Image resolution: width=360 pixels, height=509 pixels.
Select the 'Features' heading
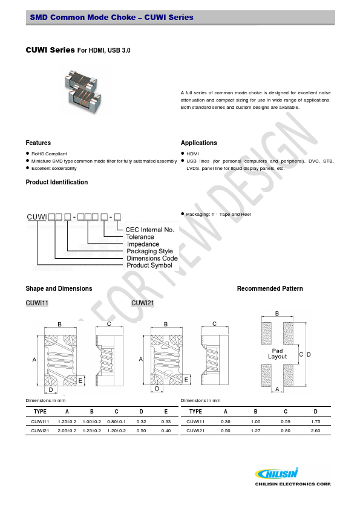(x=38, y=143)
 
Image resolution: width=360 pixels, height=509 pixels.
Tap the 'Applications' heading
(x=198, y=143)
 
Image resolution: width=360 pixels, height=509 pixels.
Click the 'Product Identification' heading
(x=56, y=183)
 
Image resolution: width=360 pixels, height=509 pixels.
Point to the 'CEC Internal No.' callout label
(x=149, y=230)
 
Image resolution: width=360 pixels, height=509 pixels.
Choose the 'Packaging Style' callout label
(x=149, y=251)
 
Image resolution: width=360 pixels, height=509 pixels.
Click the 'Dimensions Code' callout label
(x=152, y=258)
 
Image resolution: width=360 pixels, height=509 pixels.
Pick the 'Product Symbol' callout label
(x=149, y=265)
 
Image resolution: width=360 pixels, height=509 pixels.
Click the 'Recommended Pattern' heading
(x=270, y=289)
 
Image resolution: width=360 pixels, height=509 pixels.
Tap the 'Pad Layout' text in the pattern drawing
(x=278, y=354)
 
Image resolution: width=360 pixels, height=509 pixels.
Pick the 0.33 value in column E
(x=166, y=421)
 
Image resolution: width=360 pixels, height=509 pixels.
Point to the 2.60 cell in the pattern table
(x=315, y=430)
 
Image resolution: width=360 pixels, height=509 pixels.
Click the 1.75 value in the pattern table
(x=315, y=421)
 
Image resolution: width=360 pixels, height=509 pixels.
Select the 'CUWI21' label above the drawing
(x=141, y=303)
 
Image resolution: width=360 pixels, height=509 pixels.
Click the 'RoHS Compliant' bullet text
(x=49, y=154)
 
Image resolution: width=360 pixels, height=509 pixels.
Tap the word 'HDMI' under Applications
(x=192, y=154)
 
